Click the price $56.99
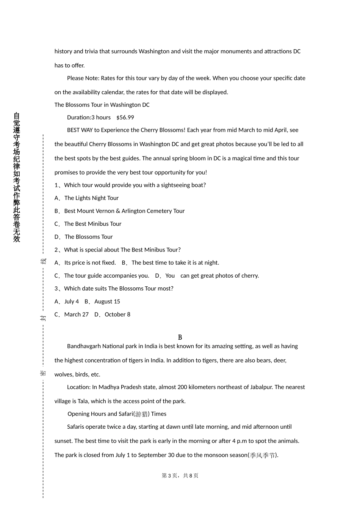pos(125,117)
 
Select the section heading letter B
pos(180,337)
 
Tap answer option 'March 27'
pos(76,314)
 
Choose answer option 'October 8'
pos(117,314)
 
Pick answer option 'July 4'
pos(72,301)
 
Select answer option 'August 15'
pos(107,301)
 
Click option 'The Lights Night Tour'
pos(91,198)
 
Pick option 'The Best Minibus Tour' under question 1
pos(92,224)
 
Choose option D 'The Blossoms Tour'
pos(88,237)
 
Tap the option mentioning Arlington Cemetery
pos(124,211)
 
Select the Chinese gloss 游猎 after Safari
pos(141,414)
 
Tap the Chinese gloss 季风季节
pos(263,455)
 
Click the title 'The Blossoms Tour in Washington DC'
pos(102,105)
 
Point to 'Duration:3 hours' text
pos(89,117)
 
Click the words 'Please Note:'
pos(83,78)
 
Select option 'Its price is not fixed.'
pos(90,263)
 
